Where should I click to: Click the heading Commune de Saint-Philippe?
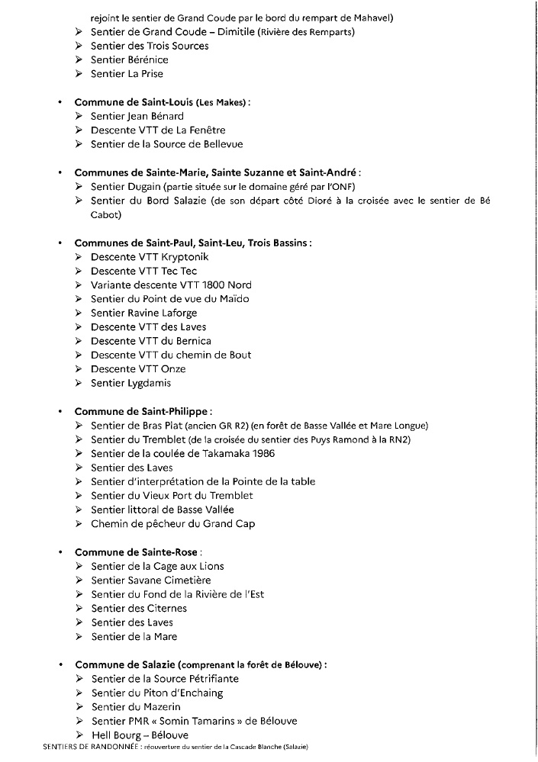pyautogui.click(x=143, y=411)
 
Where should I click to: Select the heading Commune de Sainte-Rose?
pyautogui.click(x=137, y=552)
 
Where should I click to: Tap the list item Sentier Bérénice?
pyautogui.click(x=129, y=59)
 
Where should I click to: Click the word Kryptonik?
pyautogui.click(x=184, y=257)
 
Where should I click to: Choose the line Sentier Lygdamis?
pyautogui.click(x=130, y=383)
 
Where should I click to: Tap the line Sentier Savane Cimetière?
pyautogui.click(x=150, y=580)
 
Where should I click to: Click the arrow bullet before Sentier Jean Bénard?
pyautogui.click(x=79, y=116)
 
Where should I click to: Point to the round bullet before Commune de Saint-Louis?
pyautogui.click(x=59, y=102)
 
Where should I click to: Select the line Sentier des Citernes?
pyautogui.click(x=138, y=608)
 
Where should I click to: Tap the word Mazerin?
pyautogui.click(x=160, y=707)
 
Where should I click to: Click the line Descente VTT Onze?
pyautogui.click(x=138, y=369)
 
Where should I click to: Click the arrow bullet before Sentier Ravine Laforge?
pyautogui.click(x=79, y=313)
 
